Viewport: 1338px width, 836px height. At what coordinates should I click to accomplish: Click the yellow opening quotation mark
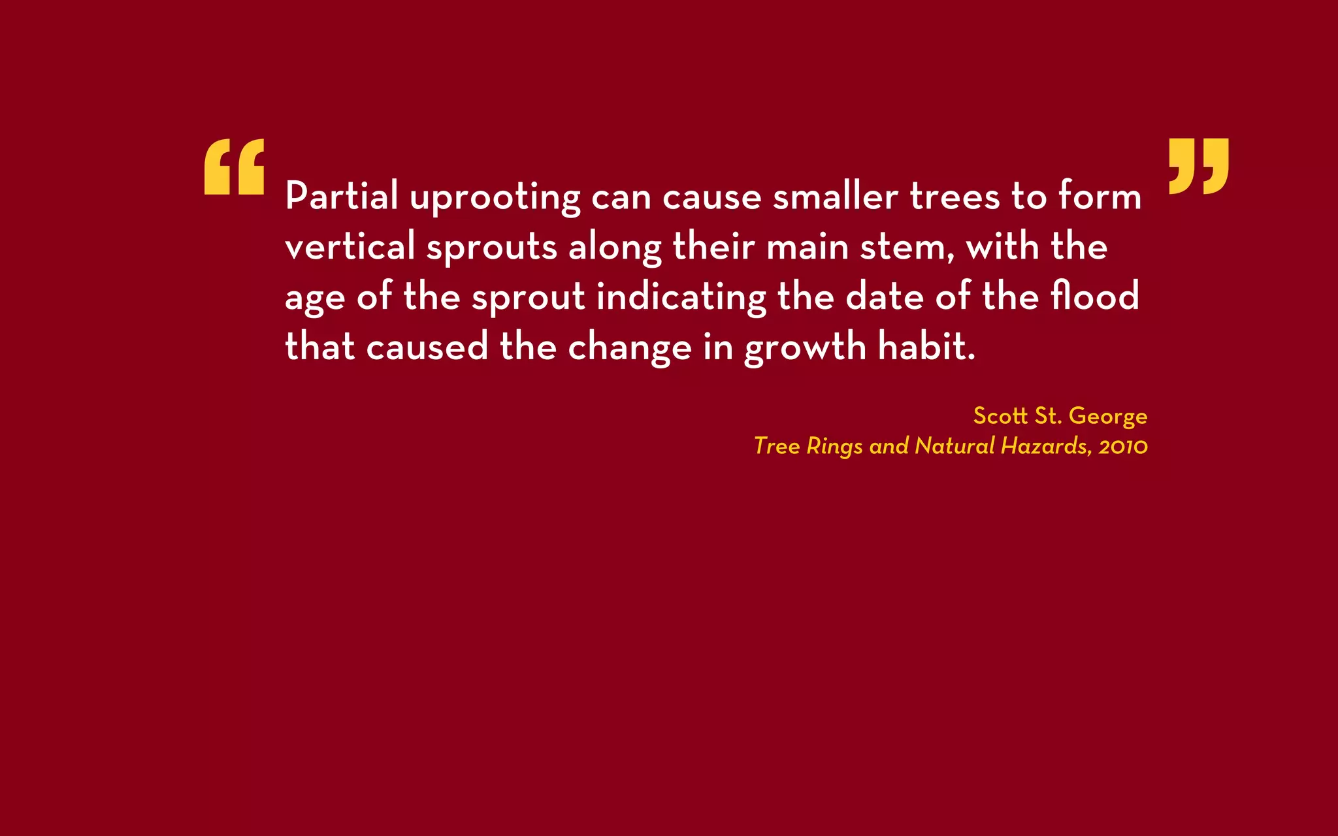(x=234, y=167)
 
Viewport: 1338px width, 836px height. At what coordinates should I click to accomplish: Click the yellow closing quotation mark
(x=1198, y=166)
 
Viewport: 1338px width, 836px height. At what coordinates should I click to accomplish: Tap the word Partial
(x=342, y=196)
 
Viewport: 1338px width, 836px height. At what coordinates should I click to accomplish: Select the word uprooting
(x=495, y=197)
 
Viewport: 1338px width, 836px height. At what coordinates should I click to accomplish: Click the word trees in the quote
(x=955, y=196)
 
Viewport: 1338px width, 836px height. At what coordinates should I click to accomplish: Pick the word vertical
(x=350, y=246)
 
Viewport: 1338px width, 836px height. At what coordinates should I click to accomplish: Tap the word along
(x=615, y=248)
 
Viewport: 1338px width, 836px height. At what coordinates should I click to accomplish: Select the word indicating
(x=681, y=297)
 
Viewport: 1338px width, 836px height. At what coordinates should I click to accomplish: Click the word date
(x=885, y=296)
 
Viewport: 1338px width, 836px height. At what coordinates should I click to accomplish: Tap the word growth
(x=805, y=347)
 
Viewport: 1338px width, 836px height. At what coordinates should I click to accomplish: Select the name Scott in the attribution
(x=1000, y=416)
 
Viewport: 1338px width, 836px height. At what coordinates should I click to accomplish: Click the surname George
(x=1107, y=417)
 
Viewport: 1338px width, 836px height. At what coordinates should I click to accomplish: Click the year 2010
(x=1122, y=447)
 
